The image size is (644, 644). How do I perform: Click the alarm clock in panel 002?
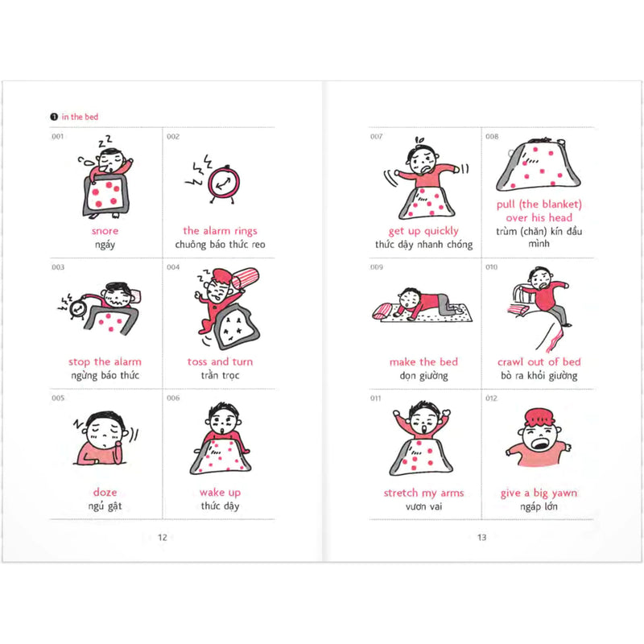(x=224, y=184)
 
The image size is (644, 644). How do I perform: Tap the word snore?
(x=105, y=231)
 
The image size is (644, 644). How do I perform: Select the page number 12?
(x=163, y=537)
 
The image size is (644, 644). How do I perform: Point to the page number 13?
(x=481, y=537)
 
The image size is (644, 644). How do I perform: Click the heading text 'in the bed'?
(x=80, y=117)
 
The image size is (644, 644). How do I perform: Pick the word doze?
(x=105, y=492)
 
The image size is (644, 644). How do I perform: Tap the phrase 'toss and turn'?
(x=220, y=361)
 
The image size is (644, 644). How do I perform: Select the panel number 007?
(x=376, y=136)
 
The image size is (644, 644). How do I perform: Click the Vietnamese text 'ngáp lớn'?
(x=539, y=506)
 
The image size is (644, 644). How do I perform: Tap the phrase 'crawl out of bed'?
(x=539, y=361)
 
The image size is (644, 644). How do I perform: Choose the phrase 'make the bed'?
(x=423, y=361)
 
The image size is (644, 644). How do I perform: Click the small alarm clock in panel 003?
(x=76, y=309)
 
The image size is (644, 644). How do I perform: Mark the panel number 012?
(x=491, y=398)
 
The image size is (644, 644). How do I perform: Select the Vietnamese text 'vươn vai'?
(x=424, y=506)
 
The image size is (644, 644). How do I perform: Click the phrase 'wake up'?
(x=220, y=493)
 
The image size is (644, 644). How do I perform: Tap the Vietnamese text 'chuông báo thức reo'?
(x=220, y=245)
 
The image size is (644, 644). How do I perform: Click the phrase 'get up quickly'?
(x=423, y=231)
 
